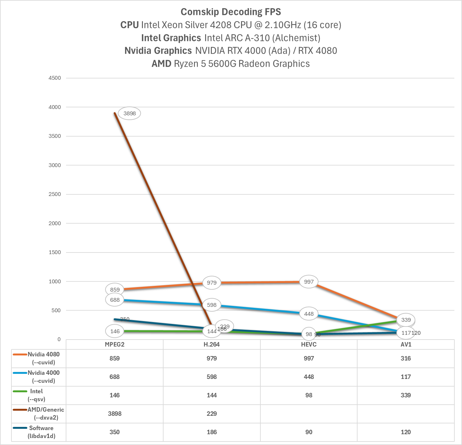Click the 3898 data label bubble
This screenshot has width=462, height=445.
[129, 113]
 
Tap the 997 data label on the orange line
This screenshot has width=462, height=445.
[309, 282]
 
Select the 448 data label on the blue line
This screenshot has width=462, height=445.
[309, 314]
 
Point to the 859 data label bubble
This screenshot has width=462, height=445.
[115, 290]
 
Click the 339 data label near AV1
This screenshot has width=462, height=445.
[406, 320]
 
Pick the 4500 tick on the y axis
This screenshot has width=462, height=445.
[55, 78]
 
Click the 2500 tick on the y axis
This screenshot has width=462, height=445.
[55, 194]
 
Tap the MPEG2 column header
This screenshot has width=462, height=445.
[115, 345]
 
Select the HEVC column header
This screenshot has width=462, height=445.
[309, 345]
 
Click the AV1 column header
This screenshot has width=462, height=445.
[406, 345]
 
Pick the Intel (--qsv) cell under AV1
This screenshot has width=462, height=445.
[406, 395]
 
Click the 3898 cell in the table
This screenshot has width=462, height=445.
[115, 414]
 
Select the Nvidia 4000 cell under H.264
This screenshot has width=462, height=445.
[212, 377]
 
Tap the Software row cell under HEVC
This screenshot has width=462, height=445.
[309, 432]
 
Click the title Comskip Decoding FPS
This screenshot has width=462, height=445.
[231, 12]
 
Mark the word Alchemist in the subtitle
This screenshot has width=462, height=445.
[297, 38]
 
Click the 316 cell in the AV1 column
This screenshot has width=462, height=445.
[406, 358]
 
